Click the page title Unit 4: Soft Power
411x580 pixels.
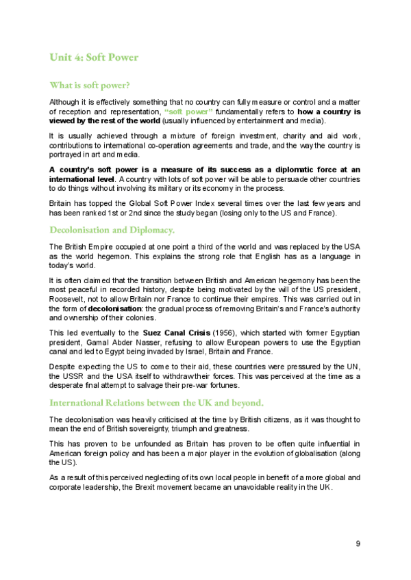tap(93, 57)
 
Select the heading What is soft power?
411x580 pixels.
tap(90, 85)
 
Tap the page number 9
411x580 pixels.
tap(358, 543)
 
